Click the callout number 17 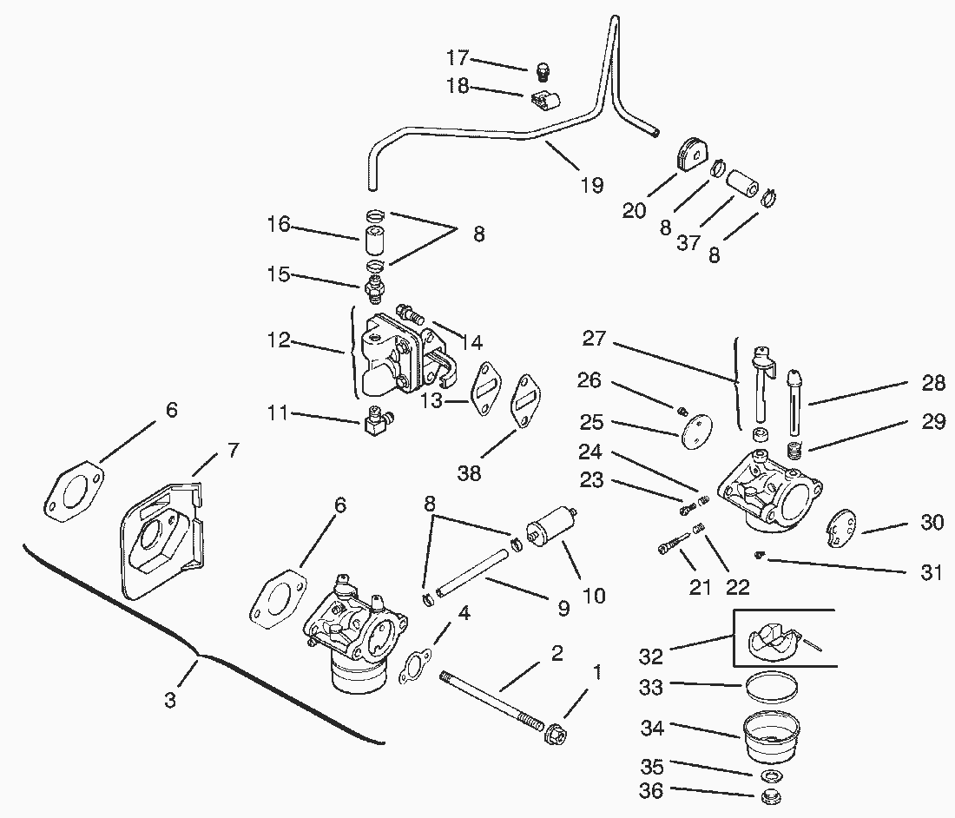click(x=458, y=58)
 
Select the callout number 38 click(x=469, y=472)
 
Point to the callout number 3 click(x=169, y=700)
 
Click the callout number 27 click(x=594, y=339)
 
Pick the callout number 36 click(x=650, y=791)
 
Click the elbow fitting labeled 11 click(x=374, y=425)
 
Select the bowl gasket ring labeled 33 click(x=769, y=691)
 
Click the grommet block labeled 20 click(x=693, y=156)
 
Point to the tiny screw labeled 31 click(x=758, y=553)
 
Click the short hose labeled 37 click(x=743, y=185)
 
